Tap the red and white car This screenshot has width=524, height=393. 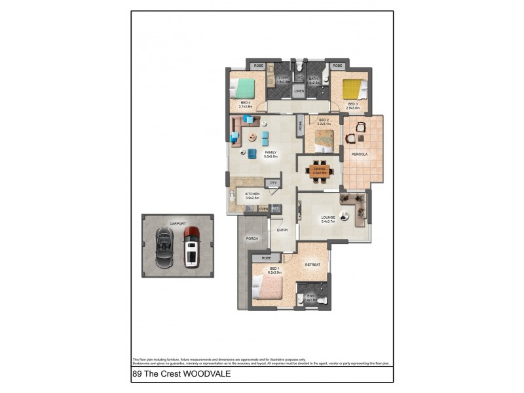tap(192, 247)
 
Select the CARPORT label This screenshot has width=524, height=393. tap(178, 223)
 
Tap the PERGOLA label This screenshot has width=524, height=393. tap(359, 155)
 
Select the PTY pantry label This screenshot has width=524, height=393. tap(274, 183)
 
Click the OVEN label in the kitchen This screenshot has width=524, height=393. tap(263, 209)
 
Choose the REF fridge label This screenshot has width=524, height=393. tap(276, 209)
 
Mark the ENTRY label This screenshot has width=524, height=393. tap(282, 230)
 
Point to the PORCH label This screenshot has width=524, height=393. tap(252, 238)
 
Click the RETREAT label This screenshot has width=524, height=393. tap(312, 265)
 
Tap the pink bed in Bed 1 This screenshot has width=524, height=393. tap(269, 287)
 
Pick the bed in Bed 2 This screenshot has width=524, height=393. tap(326, 139)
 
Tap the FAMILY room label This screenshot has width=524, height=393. tap(271, 153)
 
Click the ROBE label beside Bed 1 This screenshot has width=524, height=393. tap(266, 259)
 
